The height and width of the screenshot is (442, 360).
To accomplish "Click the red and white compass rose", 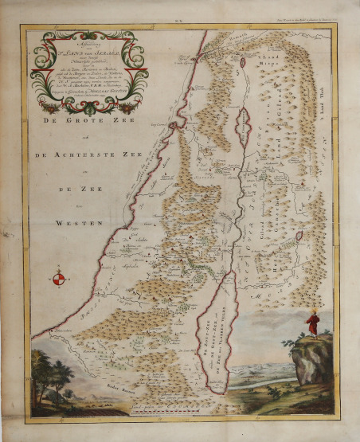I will point(58,279).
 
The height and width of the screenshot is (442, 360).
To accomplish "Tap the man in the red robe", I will point(315,325).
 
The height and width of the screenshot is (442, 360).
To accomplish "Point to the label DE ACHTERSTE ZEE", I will point(95,156).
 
